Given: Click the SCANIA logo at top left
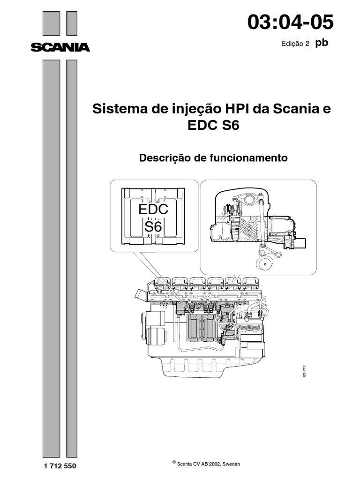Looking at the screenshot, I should point(60,47).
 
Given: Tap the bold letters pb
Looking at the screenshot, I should point(322,43).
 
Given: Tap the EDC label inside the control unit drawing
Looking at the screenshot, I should point(153,210).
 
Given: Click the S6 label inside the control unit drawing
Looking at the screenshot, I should point(153,227).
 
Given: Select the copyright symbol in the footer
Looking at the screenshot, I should point(174,462).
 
